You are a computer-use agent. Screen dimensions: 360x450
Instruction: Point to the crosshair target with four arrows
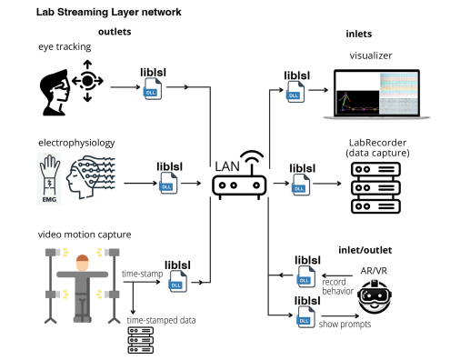[x=88, y=79]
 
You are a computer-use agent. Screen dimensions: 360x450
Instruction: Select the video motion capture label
[x=79, y=235]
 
